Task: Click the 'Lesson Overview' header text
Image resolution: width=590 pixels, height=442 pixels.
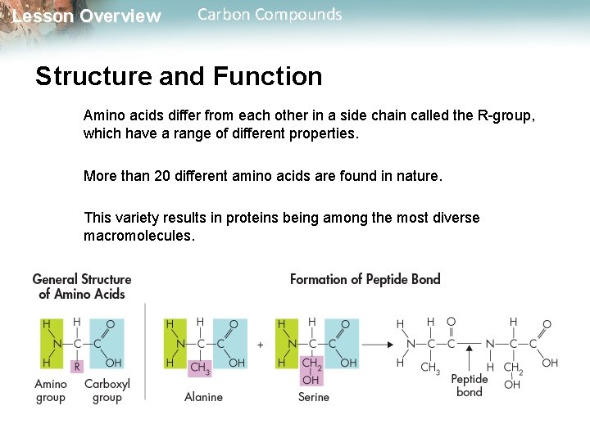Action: pos(87,16)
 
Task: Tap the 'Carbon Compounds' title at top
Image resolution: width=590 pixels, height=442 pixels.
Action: pos(270,14)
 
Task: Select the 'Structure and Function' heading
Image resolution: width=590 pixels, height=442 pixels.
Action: pos(179,76)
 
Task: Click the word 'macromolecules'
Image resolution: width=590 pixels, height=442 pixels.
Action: pos(139,236)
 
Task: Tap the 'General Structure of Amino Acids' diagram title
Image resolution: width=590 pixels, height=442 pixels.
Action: pos(82,286)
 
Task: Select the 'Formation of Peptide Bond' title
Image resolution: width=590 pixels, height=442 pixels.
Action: pos(365,279)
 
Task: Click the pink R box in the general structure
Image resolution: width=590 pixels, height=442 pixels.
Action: pos(77,366)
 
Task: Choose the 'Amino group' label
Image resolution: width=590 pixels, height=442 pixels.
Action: pos(51,390)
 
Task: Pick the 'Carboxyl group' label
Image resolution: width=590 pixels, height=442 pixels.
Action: pos(107,390)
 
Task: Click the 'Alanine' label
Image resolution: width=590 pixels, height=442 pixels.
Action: pos(203,397)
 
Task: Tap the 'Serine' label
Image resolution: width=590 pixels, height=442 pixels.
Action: pos(314,397)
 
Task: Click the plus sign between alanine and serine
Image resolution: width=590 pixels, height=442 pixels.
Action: pos(260,345)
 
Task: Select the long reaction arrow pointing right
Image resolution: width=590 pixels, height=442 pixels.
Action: pos(376,344)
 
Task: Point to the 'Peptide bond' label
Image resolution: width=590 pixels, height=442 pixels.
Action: pos(470,385)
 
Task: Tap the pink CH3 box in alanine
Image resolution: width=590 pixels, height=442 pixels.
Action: pos(200,368)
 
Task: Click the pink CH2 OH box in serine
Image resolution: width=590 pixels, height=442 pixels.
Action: pos(311,371)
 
